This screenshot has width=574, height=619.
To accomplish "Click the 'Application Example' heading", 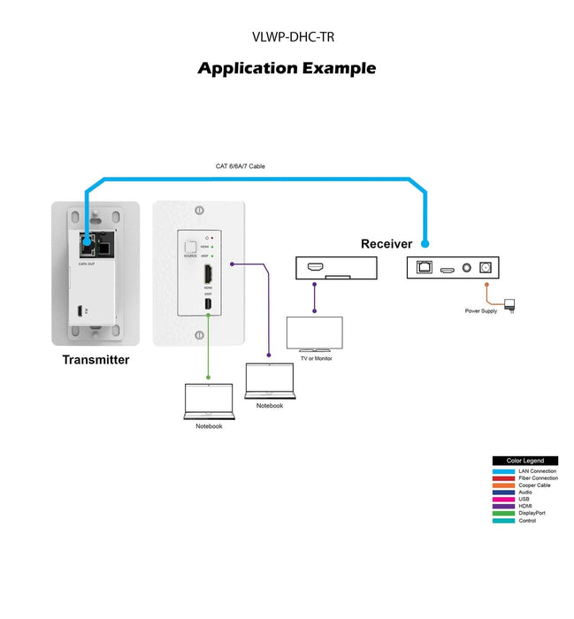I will coord(287,68).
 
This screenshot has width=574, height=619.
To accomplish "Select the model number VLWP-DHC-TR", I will coord(287,37).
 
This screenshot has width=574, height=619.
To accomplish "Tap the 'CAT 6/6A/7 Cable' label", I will coord(241,166).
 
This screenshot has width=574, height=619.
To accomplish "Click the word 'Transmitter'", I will coord(96,360).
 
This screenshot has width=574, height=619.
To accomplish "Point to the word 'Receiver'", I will coord(386,244).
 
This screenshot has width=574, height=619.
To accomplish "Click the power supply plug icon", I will coord(515,306).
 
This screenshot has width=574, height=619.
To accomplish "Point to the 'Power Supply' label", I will coord(481,311).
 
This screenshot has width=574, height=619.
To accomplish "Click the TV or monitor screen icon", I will coord(314,335).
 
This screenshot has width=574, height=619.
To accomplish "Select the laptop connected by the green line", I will coord(209,401).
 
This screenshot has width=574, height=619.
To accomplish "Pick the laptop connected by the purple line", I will coord(269,381).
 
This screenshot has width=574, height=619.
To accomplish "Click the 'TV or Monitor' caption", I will coord(314,358).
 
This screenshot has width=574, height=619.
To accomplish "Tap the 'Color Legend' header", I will coord(525,461).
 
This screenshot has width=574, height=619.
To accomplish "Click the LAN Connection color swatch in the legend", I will coord(504,471).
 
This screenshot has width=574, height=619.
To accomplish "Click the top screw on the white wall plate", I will coord(199,210).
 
